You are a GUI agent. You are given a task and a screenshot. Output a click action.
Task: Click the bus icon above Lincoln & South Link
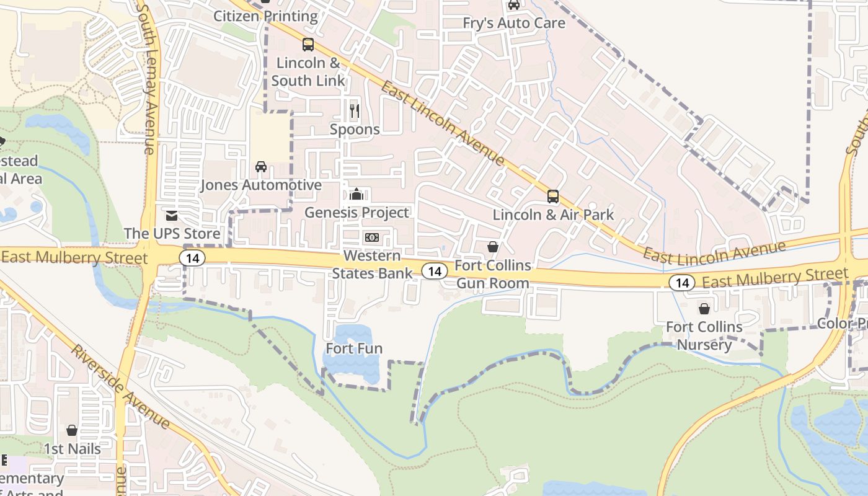click(x=308, y=45)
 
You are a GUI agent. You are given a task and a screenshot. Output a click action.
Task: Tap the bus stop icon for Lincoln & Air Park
click(x=552, y=197)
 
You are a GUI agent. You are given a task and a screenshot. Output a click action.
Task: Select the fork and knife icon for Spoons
click(x=355, y=111)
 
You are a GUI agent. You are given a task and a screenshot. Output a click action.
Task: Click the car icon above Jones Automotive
click(x=261, y=167)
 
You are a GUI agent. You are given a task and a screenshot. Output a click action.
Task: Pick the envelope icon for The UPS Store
click(x=172, y=216)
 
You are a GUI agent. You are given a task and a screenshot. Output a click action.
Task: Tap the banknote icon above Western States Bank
click(x=372, y=237)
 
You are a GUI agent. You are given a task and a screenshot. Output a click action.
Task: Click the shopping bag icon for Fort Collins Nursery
click(x=704, y=308)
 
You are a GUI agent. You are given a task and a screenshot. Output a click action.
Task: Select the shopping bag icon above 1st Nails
click(x=72, y=430)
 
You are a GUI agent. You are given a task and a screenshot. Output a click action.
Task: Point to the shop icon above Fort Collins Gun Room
click(x=493, y=247)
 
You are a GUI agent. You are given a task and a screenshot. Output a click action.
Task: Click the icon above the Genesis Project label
click(x=356, y=195)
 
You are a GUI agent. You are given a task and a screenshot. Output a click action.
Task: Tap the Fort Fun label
click(x=354, y=348)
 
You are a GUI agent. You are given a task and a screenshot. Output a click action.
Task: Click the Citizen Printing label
click(x=265, y=16)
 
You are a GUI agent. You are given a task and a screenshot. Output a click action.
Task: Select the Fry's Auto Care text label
click(x=514, y=23)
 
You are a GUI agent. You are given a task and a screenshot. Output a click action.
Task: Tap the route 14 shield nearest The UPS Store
click(x=192, y=258)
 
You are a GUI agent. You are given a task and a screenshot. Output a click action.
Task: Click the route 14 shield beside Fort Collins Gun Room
click(x=435, y=270)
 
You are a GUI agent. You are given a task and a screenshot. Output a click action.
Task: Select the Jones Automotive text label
click(x=261, y=185)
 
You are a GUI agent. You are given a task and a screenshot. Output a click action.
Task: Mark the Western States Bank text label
click(x=372, y=264)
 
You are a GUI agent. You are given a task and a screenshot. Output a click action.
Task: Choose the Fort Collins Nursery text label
click(x=704, y=335)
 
